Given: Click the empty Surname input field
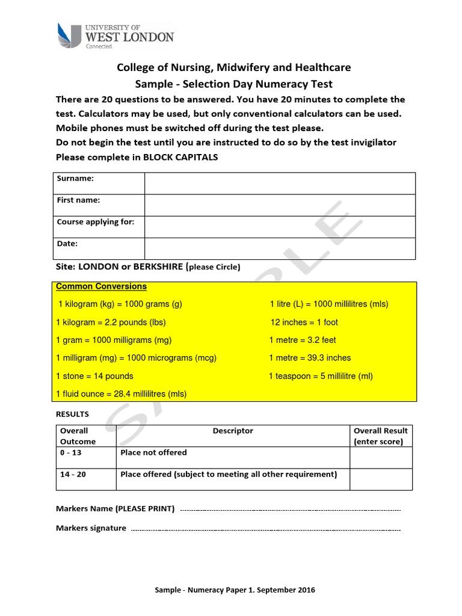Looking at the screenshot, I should [280, 183].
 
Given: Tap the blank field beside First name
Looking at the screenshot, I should [280, 205].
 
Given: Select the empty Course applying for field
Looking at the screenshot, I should [280, 227].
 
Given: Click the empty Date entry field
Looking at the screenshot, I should [280, 248].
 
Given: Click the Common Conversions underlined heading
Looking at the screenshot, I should [101, 286].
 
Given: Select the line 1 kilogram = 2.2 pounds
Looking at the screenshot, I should [111, 322].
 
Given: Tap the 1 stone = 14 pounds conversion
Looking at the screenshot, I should [94, 376].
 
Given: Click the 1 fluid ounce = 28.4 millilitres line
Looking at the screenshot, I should [121, 394].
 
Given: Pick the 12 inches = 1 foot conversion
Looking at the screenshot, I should [304, 322].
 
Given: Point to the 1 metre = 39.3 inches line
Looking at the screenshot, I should [310, 358].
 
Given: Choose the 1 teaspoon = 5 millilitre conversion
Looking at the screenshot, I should [321, 376].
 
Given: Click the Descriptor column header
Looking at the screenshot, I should [233, 431].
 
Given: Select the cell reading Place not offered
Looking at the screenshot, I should [154, 452].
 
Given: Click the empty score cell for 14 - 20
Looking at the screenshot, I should [381, 479].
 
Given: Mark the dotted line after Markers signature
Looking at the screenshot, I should [265, 529].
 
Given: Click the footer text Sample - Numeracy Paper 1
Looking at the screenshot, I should [235, 590].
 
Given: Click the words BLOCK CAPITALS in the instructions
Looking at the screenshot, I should [180, 158].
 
